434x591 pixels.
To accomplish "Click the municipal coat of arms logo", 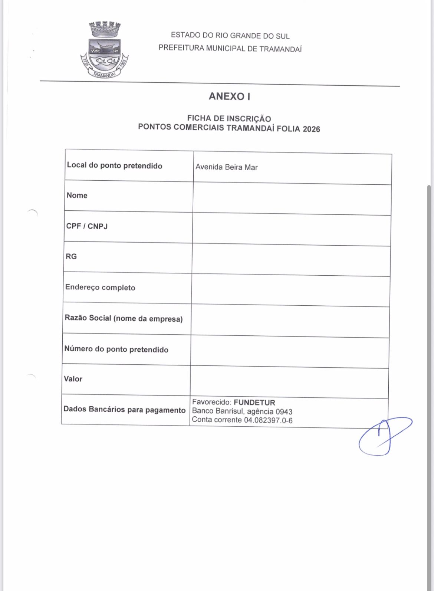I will (104, 50).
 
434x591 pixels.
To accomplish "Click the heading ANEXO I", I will (229, 96).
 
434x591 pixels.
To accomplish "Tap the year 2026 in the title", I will (311, 129).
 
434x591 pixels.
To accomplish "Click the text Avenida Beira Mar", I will (226, 167).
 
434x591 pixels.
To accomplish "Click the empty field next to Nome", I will (292, 198).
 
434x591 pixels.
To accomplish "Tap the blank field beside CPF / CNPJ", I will (291, 229).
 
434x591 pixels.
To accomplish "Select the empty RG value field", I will (291, 260).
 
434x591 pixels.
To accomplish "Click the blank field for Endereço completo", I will (290, 290).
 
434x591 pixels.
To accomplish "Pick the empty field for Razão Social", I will (290, 321).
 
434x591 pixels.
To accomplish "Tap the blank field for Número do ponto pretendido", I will (290, 352).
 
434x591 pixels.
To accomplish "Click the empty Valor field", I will (289, 382).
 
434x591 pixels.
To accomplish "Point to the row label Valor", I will (73, 379).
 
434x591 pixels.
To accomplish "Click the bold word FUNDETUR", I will (254, 403).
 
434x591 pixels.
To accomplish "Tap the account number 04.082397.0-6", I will (268, 420).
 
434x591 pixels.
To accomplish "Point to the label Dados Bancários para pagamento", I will (124, 410).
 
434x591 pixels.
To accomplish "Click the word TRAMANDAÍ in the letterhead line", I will (280, 49).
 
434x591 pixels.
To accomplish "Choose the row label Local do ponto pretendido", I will (115, 165).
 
